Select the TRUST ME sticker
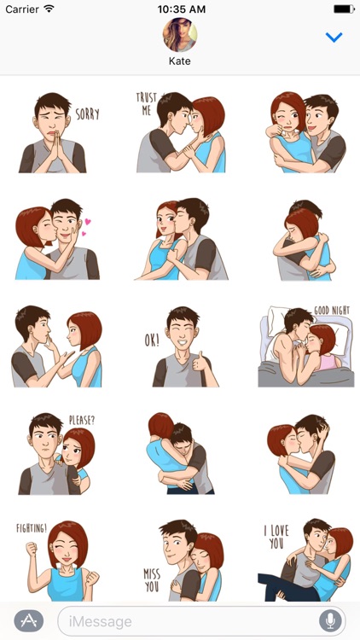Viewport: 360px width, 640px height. [x=180, y=132]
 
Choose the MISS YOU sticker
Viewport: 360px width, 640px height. [x=180, y=560]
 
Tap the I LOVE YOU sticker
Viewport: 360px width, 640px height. [x=305, y=560]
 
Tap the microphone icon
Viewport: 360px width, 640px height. [x=329, y=620]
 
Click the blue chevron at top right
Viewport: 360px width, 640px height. [x=334, y=38]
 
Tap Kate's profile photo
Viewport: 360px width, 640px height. [x=180, y=35]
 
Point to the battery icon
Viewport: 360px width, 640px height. [x=343, y=9]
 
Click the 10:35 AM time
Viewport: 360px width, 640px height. [x=180, y=9]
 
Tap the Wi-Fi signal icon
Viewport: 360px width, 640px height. [x=49, y=9]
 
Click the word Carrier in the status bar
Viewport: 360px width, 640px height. [x=20, y=9]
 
